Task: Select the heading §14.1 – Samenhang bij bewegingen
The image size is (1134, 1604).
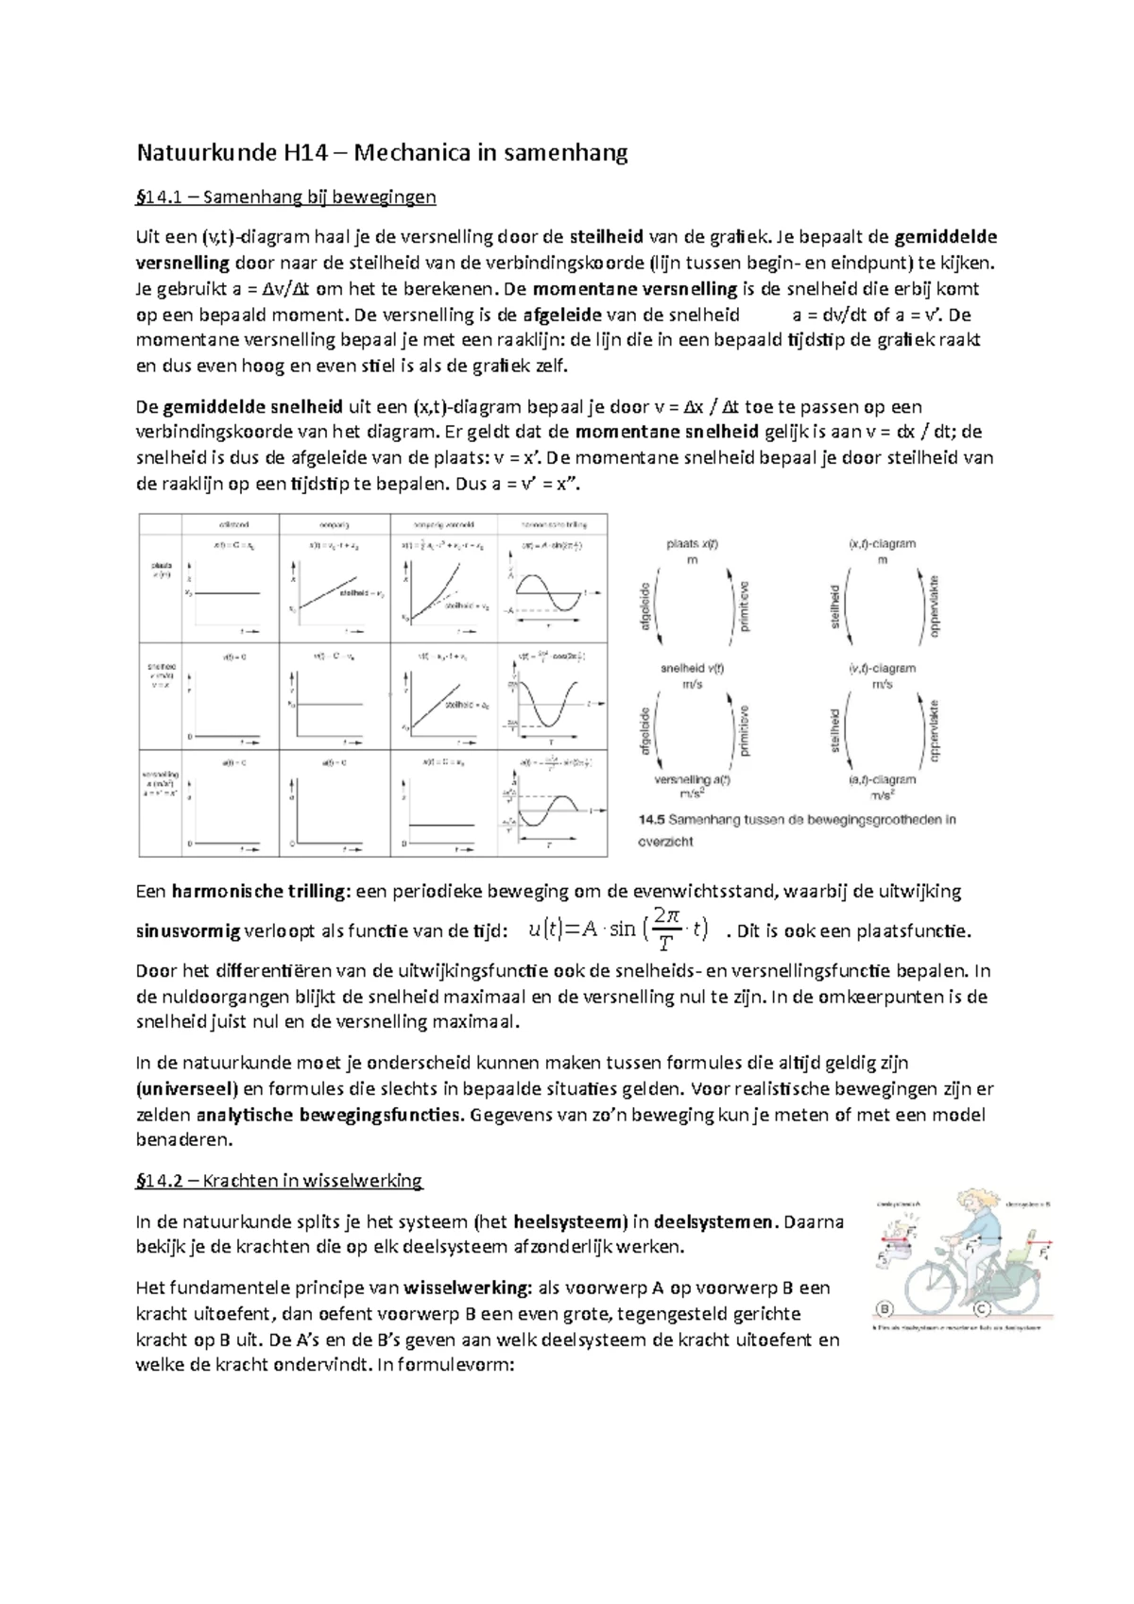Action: coord(286,197)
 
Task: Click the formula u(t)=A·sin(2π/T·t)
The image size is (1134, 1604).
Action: coord(617,930)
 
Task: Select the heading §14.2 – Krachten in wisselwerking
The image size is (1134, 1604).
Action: coord(280,1181)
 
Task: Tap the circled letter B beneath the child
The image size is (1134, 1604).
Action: coord(885,1309)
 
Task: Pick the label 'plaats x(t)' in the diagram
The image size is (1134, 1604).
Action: coord(692,545)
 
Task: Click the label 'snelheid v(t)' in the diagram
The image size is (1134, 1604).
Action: coord(692,669)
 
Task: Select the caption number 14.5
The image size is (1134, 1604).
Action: coord(652,820)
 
